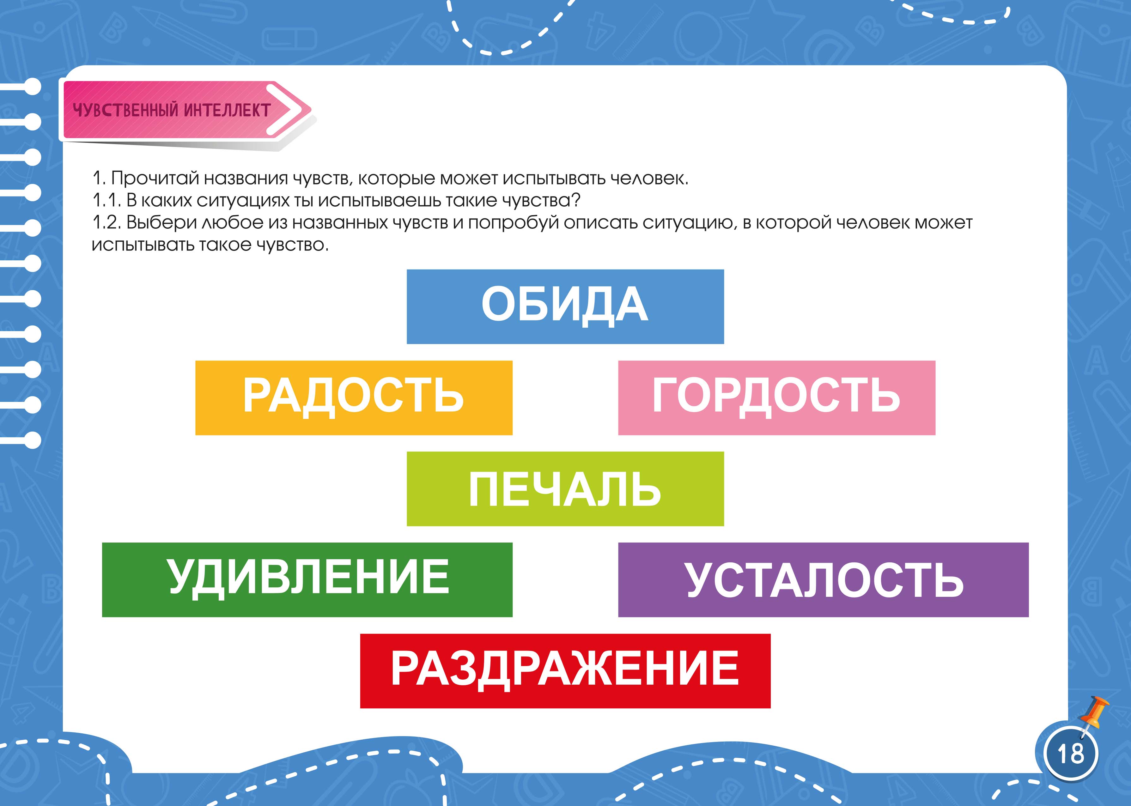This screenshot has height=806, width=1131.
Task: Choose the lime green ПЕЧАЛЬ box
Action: pos(565,489)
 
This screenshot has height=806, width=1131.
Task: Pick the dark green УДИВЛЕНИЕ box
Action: pos(307,580)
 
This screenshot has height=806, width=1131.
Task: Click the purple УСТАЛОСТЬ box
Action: pos(823,580)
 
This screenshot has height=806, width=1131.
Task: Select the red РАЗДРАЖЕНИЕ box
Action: pos(565,671)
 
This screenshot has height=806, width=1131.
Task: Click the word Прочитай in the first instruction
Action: pos(155,178)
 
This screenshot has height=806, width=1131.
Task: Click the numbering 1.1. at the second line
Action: pos(107,201)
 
